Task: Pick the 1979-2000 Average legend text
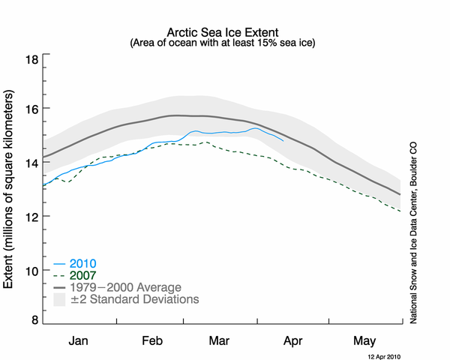pos(125,287)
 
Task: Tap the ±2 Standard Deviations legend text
pos(134,299)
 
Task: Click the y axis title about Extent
pos(11,190)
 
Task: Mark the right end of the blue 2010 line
pos(283,140)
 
